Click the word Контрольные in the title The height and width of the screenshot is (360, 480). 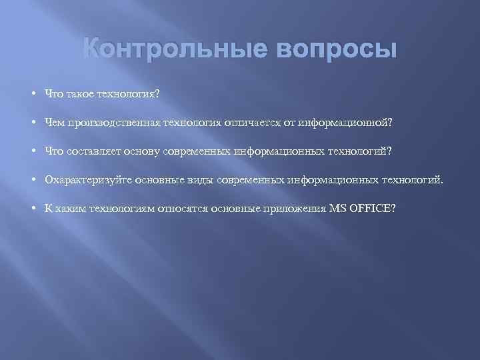pyautogui.click(x=169, y=50)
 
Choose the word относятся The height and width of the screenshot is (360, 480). pyautogui.click(x=183, y=209)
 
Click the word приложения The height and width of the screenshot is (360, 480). pyautogui.click(x=295, y=209)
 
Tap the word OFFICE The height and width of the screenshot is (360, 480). pyautogui.click(x=373, y=209)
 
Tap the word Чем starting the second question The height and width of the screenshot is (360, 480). pyautogui.click(x=53, y=123)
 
